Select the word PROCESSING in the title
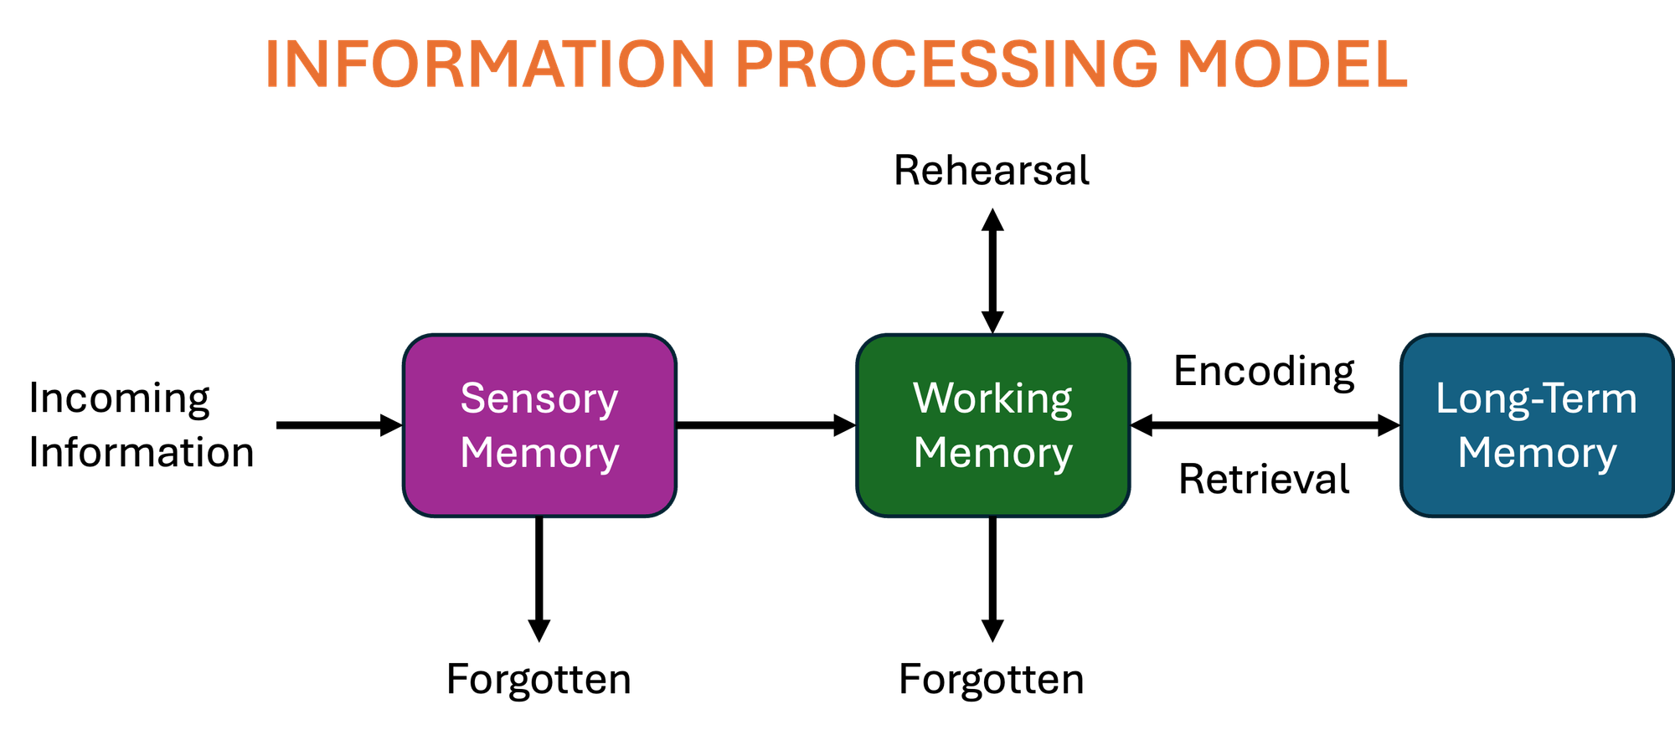[946, 64]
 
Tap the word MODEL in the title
[1292, 64]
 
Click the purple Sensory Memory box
[539, 486]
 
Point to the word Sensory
[539, 398]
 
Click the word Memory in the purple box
[539, 453]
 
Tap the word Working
[992, 398]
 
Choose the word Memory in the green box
[992, 453]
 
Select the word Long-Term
[1536, 398]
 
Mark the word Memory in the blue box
[1537, 453]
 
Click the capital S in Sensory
[473, 398]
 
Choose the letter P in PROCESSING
[755, 64]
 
